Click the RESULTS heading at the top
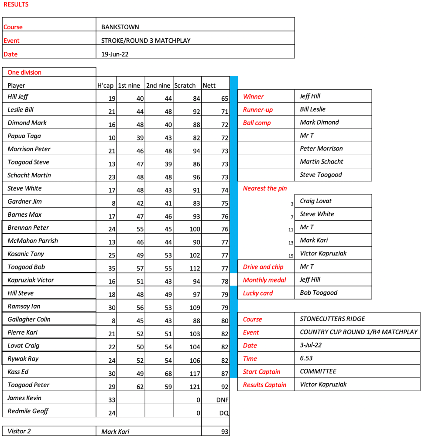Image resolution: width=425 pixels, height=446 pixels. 16,5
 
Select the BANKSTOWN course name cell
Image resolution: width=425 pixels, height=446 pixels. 120,27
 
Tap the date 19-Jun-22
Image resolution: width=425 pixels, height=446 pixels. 115,54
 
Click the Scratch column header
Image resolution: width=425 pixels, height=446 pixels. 185,85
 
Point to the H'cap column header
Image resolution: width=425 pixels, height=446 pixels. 105,85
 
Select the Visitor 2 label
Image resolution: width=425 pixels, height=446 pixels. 19,432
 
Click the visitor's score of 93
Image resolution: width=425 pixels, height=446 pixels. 224,432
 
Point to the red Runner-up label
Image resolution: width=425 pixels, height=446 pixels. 257,110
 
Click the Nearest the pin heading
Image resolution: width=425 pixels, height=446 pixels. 265,188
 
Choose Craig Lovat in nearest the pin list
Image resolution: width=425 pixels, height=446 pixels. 315,201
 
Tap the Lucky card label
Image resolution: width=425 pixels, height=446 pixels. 257,293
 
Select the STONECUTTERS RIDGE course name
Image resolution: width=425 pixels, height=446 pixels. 332,319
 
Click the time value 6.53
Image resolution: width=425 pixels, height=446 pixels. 306,358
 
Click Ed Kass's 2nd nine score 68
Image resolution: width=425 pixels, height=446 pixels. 168,374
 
